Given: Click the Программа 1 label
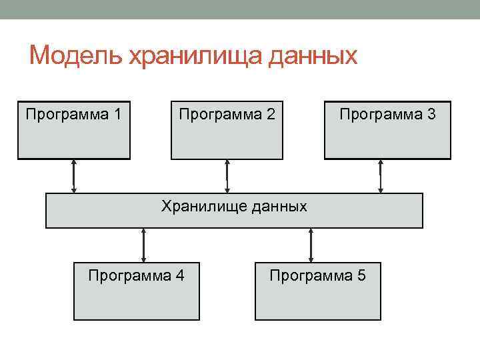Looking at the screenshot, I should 73,114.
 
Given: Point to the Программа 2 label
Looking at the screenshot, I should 227,114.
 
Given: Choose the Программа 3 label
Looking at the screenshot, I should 387,114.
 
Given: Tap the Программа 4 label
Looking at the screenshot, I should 136,275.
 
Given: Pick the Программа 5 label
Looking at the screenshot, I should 317,275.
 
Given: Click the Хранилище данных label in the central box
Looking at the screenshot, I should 234,206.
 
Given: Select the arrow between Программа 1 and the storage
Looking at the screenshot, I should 74,176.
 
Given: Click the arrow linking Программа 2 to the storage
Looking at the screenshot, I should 227,176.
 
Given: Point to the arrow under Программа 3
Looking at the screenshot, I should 380,176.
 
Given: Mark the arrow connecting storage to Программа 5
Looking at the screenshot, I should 311,245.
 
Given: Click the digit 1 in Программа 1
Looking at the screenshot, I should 117,114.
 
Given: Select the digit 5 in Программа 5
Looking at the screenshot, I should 361,275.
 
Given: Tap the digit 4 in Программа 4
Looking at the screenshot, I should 180,275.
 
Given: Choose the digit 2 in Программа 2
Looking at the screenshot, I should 270,114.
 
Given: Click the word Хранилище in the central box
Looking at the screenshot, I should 204,206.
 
